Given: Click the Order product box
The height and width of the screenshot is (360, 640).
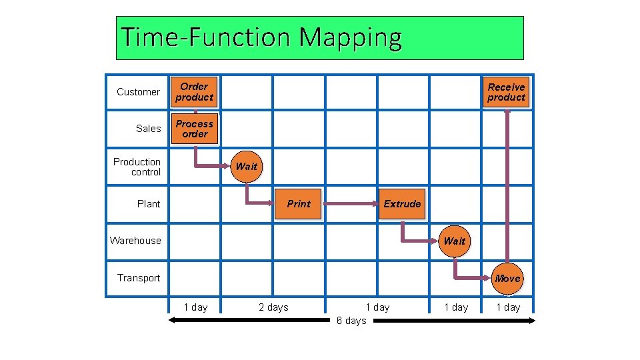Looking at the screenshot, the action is point(194,92).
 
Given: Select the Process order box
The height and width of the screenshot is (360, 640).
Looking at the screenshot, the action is point(195,129).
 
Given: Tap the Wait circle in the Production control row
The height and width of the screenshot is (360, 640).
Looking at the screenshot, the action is point(246,166).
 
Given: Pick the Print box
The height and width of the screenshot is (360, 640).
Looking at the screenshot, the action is point(298,204).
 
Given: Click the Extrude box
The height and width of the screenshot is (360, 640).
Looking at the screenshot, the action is point(402,204).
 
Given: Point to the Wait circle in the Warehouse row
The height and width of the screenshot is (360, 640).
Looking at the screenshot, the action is point(454,241).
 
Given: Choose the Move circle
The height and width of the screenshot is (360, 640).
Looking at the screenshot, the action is point(507,278).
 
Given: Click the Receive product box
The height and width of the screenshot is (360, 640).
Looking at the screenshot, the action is point(506,92).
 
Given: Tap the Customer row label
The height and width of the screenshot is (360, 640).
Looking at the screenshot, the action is point(138,92).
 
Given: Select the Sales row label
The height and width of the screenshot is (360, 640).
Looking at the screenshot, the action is point(148,129).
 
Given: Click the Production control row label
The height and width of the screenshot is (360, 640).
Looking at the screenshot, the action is point(137,167).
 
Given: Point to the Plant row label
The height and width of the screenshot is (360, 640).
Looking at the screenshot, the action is point(148,204).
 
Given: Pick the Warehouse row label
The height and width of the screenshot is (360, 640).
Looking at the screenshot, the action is point(135,241).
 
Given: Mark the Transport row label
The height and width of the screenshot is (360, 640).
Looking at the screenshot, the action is point(139,278).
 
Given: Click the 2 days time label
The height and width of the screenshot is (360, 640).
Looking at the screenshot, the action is point(273,307).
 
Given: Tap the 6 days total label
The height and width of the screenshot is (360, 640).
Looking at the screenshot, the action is point(351,321).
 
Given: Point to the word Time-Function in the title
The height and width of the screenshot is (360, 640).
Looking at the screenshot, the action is point(207,37).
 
